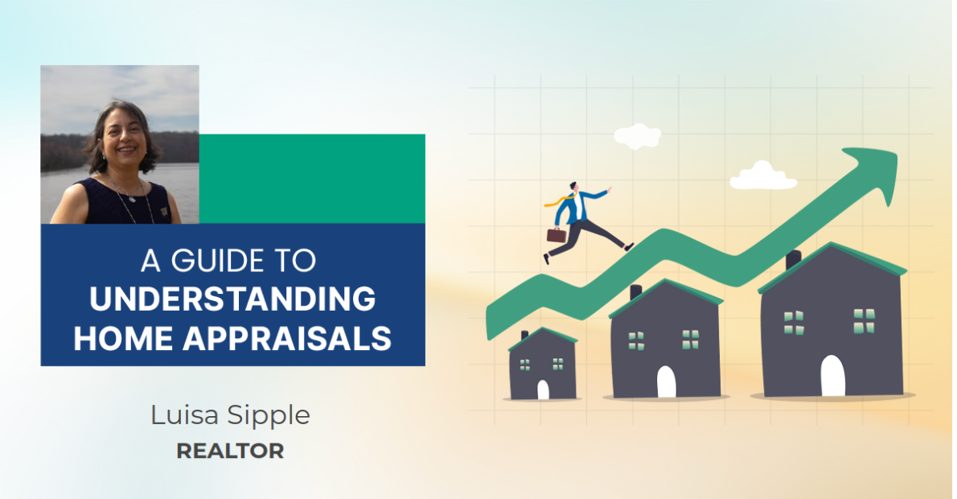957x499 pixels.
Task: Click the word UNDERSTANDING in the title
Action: coord(232,299)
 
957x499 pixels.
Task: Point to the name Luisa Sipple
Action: coord(230,415)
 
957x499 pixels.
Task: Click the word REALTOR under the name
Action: coord(230,452)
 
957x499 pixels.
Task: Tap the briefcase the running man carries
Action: coord(556,235)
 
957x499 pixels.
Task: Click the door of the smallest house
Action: coord(543,390)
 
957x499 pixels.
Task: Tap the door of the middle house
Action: coord(666,381)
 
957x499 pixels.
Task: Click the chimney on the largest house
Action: coord(793,259)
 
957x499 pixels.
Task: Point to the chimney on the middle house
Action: coord(635,291)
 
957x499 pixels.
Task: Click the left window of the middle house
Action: coord(636,340)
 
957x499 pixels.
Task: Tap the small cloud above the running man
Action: coord(637,136)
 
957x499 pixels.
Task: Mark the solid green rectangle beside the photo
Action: coord(312,179)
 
